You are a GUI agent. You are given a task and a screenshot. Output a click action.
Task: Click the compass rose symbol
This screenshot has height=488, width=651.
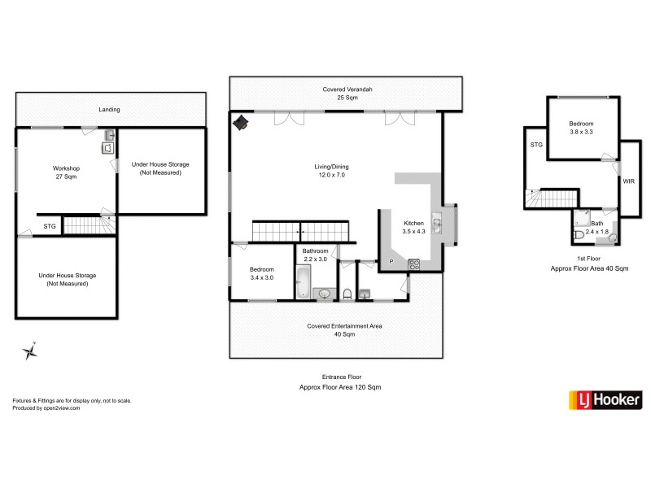(x=31, y=351)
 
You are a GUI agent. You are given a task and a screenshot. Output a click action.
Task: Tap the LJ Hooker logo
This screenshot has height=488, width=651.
(x=605, y=400)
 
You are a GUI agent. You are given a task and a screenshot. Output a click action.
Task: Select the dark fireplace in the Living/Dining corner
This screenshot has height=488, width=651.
(x=242, y=123)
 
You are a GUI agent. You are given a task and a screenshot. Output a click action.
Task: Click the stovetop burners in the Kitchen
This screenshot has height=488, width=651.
(x=413, y=264)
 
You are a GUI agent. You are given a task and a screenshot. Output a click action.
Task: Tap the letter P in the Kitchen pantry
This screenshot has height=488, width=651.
(x=390, y=261)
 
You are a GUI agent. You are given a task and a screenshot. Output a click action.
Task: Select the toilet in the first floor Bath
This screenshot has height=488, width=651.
(x=579, y=235)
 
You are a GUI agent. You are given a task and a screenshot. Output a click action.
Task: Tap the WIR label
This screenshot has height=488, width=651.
(x=628, y=182)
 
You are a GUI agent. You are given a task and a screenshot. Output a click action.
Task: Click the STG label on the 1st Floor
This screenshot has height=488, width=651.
(x=536, y=145)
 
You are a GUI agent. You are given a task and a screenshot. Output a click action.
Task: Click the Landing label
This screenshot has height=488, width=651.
(x=110, y=109)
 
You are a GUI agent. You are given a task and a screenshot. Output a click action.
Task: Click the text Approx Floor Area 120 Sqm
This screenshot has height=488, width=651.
(x=340, y=387)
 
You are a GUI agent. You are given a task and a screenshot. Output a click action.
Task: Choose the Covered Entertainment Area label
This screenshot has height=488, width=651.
(x=344, y=329)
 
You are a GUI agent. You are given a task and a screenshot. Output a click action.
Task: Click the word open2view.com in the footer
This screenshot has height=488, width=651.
(x=63, y=408)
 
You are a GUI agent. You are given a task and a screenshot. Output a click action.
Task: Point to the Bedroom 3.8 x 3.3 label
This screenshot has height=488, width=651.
(x=581, y=128)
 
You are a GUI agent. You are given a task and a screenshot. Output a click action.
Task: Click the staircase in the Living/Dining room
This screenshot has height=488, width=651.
(x=303, y=232)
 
